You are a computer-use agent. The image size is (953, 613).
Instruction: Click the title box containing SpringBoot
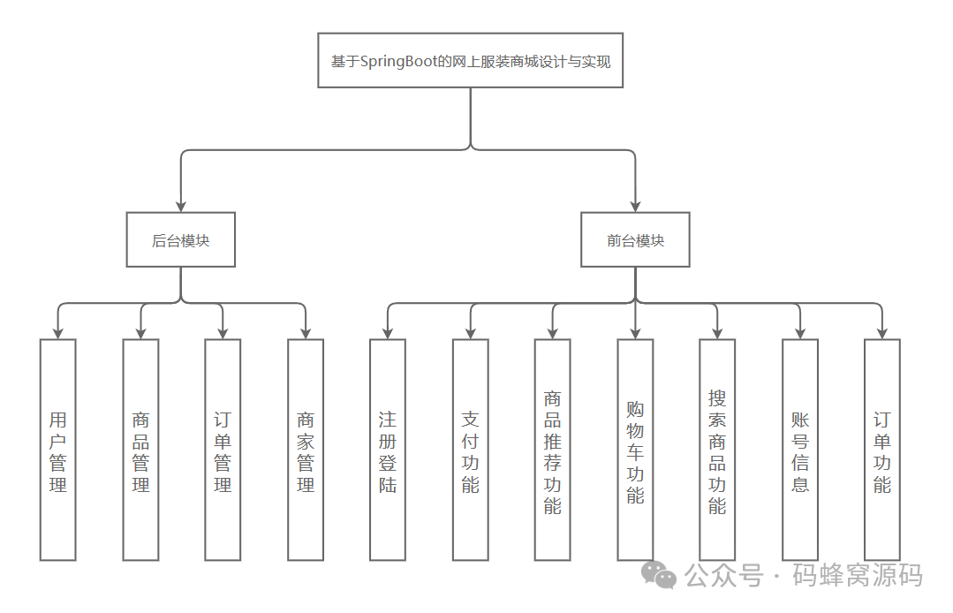(470, 61)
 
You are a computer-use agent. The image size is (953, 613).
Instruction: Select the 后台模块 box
(181, 239)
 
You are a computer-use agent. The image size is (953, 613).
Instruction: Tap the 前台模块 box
(635, 239)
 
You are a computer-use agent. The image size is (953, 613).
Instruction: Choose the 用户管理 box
(58, 450)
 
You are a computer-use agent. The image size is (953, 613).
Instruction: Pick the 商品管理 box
(140, 450)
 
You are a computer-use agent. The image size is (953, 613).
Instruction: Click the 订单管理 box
(223, 450)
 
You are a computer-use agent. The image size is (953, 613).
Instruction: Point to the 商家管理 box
(306, 450)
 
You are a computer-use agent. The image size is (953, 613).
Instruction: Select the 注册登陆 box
(388, 450)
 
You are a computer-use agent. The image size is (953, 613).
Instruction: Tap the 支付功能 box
(470, 450)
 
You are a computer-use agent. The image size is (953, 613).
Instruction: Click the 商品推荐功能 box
(552, 450)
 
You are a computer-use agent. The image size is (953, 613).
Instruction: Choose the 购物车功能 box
(635, 450)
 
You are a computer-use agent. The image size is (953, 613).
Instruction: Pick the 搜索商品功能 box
(717, 450)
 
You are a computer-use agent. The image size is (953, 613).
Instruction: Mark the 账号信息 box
(800, 450)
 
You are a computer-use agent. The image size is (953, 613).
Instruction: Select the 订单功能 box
(882, 450)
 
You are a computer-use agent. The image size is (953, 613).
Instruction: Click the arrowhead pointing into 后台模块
(181, 206)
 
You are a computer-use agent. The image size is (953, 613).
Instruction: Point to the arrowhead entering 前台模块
(635, 206)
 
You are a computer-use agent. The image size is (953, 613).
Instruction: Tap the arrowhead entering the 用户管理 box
(58, 333)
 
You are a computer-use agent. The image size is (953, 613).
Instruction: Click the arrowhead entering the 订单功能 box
(882, 333)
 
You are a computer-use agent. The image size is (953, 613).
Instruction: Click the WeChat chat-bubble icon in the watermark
(660, 575)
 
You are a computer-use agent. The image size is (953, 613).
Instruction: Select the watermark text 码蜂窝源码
(858, 576)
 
